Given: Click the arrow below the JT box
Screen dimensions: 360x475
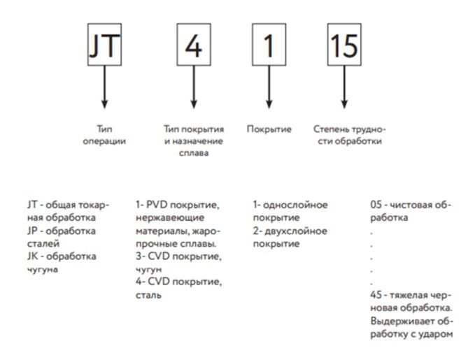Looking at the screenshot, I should click(104, 87).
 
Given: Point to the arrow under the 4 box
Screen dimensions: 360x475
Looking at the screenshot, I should click(193, 87).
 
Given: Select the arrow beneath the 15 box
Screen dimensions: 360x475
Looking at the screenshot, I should click(343, 87).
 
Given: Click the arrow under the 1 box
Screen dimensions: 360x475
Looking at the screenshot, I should click(269, 87).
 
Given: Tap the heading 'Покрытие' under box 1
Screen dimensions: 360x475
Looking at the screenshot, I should click(269, 129).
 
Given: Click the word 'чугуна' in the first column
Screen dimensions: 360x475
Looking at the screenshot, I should click(42, 270).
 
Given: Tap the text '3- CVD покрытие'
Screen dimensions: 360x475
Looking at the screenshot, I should click(178, 257).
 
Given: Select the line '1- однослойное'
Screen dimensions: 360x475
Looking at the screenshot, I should click(290, 205).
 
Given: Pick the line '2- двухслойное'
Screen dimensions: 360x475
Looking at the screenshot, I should click(290, 231).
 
